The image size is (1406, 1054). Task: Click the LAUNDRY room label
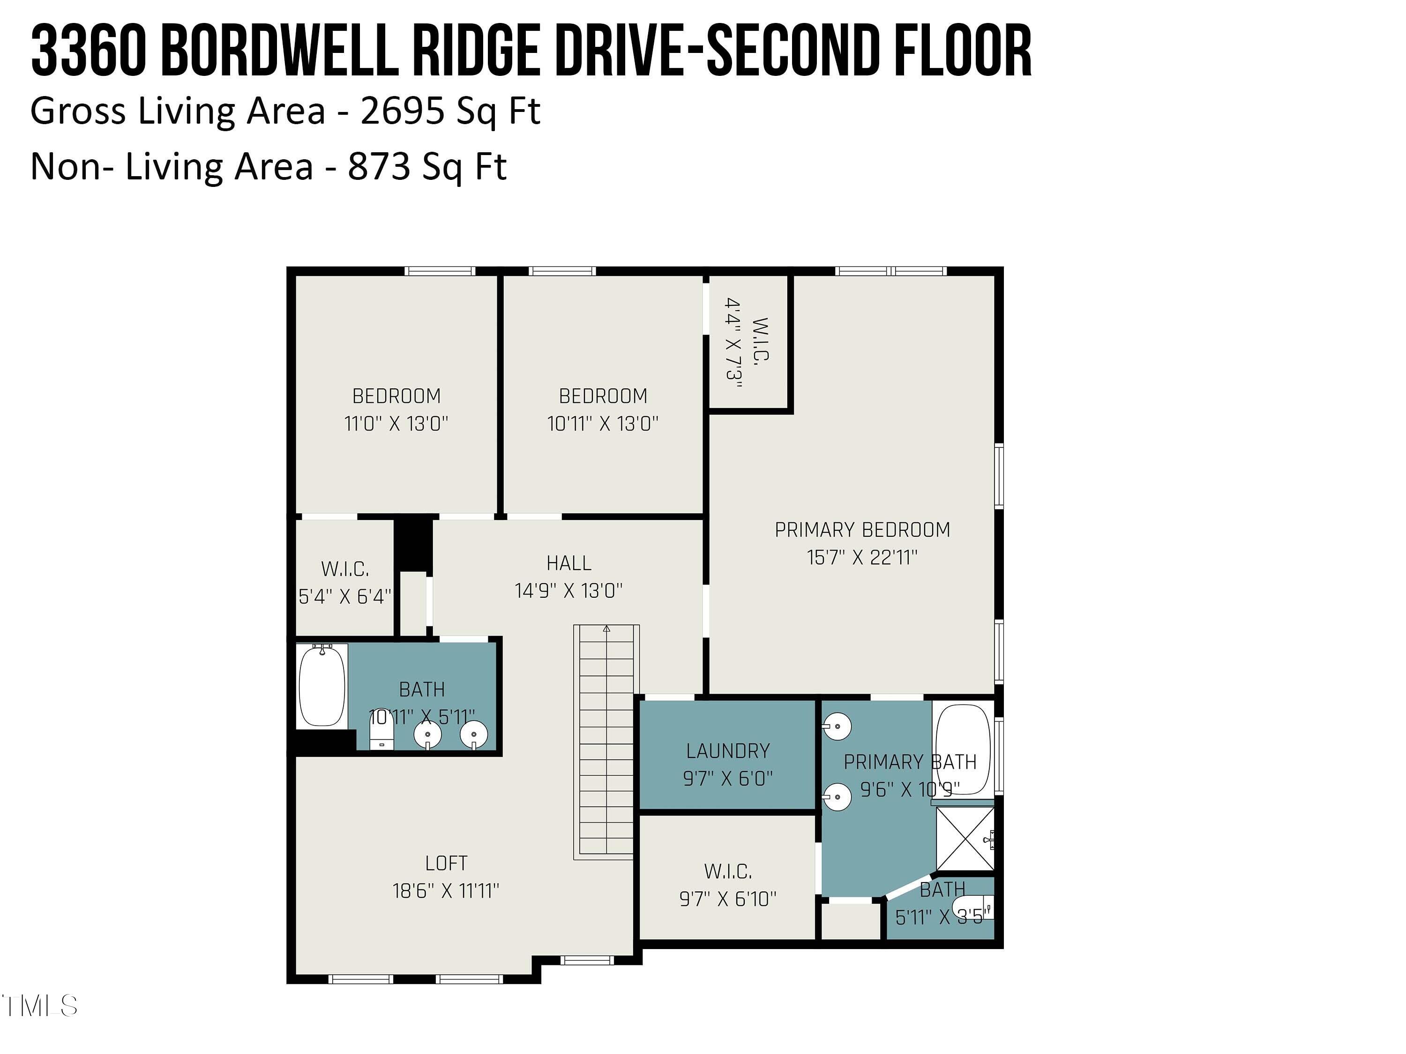[728, 751]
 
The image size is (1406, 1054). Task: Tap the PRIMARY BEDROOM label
[862, 530]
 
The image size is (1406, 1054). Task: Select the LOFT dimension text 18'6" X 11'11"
[446, 891]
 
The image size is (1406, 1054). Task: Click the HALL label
[569, 563]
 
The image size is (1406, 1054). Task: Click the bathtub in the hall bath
[322, 686]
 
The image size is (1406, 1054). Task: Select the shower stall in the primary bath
[964, 839]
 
